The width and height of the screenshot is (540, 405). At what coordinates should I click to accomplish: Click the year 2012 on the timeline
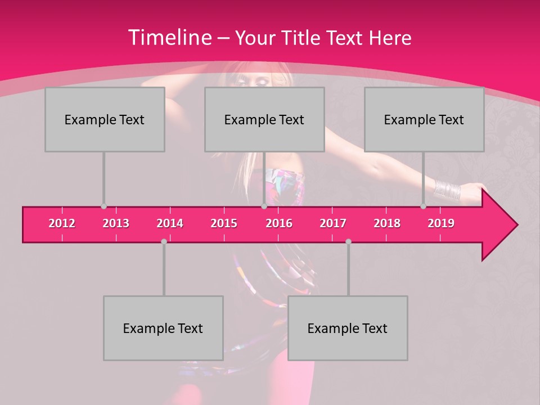(x=62, y=223)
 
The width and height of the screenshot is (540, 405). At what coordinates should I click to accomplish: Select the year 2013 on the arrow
(x=116, y=223)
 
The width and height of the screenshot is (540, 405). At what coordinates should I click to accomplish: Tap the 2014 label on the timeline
(x=170, y=223)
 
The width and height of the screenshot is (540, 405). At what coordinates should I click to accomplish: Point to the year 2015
(x=224, y=223)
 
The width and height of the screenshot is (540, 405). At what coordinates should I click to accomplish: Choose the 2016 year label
(x=279, y=223)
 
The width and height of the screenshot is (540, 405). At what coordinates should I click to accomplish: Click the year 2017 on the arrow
(x=333, y=223)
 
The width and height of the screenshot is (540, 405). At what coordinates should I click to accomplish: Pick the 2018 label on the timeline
(x=387, y=223)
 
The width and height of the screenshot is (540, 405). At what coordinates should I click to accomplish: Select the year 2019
(x=441, y=223)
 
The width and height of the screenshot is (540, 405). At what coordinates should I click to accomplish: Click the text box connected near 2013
(x=105, y=119)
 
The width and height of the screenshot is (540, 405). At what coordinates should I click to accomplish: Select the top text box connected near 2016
(x=264, y=119)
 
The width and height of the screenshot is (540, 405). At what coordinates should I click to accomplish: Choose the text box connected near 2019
(x=424, y=119)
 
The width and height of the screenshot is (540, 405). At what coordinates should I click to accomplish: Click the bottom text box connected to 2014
(x=163, y=328)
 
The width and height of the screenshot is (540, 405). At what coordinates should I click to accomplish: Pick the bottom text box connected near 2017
(x=348, y=328)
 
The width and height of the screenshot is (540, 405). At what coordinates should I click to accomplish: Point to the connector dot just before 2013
(x=103, y=206)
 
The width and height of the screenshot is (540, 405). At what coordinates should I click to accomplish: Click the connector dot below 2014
(x=164, y=241)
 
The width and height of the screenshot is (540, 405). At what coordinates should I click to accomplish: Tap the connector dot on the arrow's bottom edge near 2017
(x=348, y=241)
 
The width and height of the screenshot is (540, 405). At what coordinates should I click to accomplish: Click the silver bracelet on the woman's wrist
(x=447, y=190)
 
